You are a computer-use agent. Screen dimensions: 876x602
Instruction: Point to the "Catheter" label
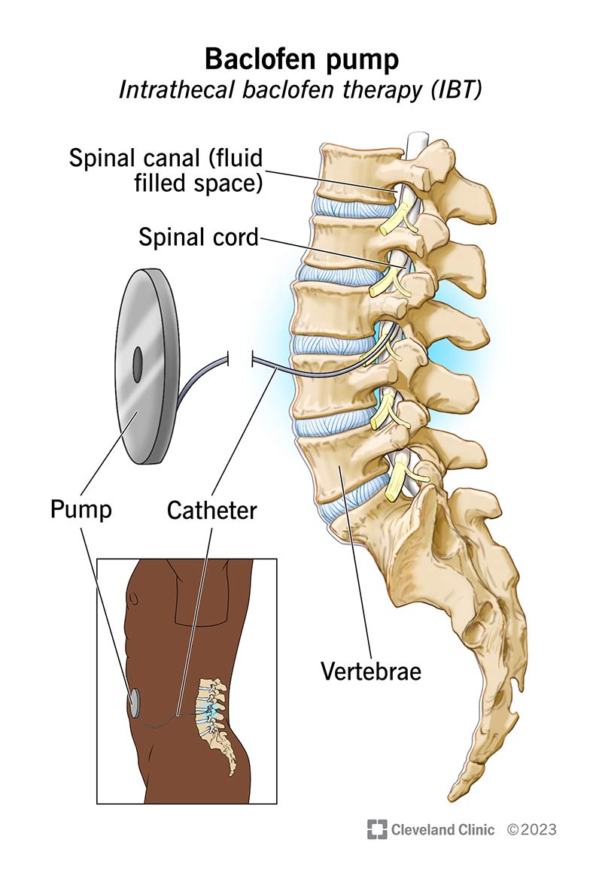[x=211, y=510]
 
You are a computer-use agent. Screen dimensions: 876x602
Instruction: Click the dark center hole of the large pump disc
[x=137, y=365]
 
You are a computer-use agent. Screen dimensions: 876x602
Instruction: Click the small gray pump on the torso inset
[x=135, y=703]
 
